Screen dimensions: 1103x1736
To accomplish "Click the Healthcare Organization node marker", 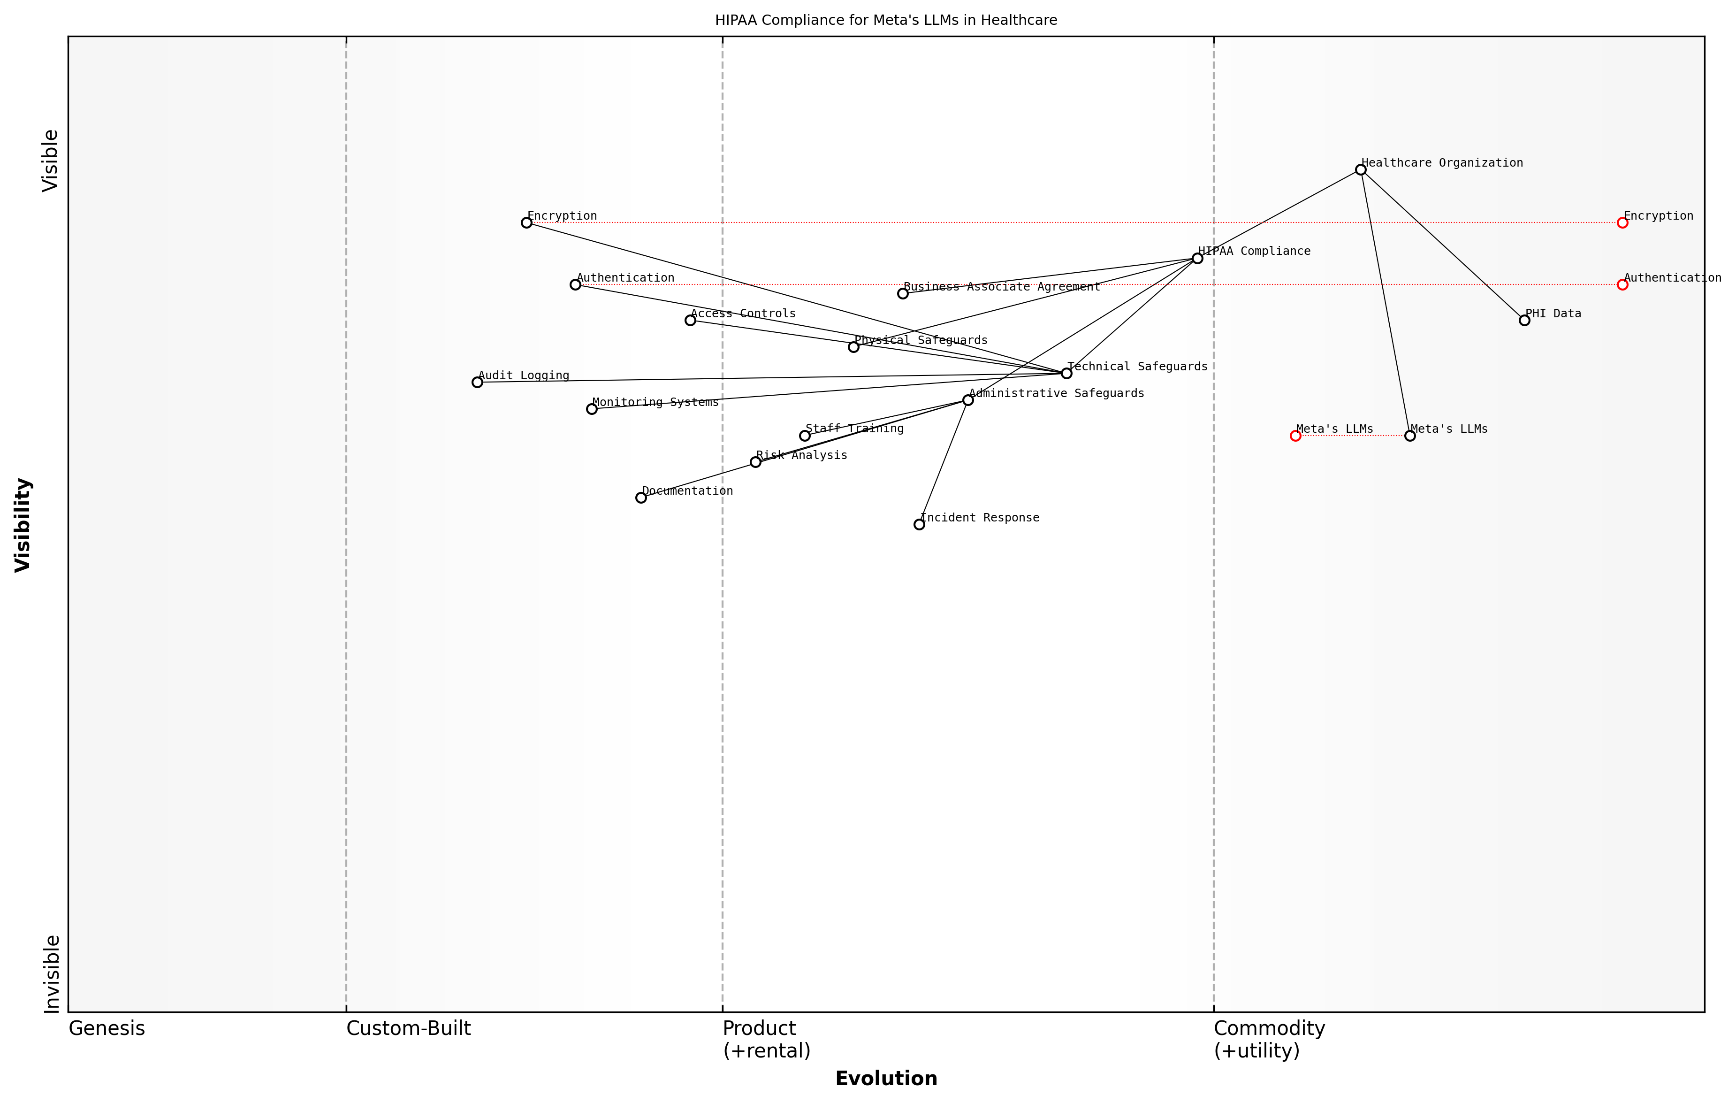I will point(1360,169).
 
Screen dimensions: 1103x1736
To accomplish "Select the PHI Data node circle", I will point(1524,320).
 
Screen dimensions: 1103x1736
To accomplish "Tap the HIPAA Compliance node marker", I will point(1197,258).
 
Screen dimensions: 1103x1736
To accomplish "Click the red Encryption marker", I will point(1622,223).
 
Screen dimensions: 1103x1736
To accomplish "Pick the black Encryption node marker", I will point(526,223).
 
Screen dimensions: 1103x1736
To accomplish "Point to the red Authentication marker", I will point(1622,285).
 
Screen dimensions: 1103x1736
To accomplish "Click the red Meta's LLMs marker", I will point(1295,436).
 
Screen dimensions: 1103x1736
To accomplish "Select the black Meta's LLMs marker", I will point(1410,436).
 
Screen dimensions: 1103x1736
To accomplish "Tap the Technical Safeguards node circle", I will point(1066,373).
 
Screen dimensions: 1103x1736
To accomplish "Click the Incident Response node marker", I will point(919,524).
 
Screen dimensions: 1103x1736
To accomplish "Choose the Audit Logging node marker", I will point(477,383).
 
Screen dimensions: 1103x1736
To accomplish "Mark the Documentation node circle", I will point(641,498).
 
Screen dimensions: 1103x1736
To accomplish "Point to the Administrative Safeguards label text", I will point(1056,393).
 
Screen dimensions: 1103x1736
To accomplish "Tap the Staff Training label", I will point(854,429).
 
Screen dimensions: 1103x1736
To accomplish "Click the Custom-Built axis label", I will point(408,1029).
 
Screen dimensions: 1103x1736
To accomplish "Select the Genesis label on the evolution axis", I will point(107,1029).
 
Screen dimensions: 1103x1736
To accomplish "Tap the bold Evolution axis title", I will point(886,1079).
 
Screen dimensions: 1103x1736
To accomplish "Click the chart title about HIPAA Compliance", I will point(886,20).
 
